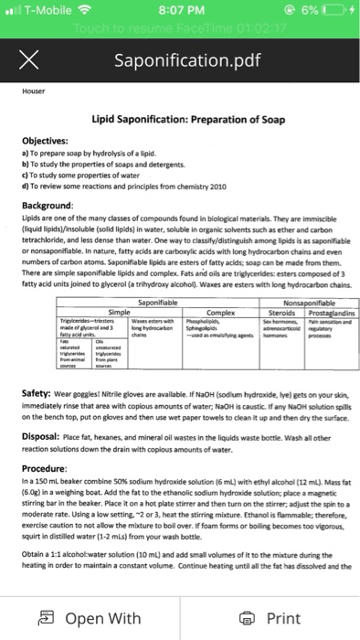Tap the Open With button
(x=91, y=618)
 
